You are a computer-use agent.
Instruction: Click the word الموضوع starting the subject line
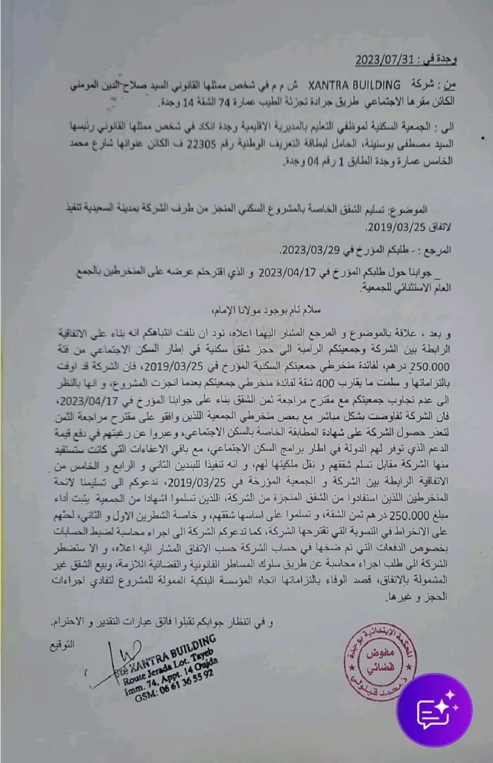click(428, 212)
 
